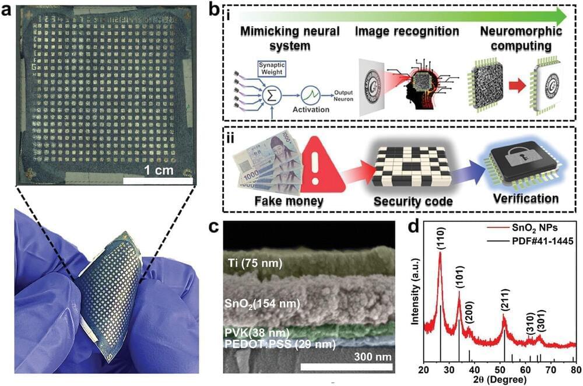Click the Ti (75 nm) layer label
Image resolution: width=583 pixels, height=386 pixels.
255,264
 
